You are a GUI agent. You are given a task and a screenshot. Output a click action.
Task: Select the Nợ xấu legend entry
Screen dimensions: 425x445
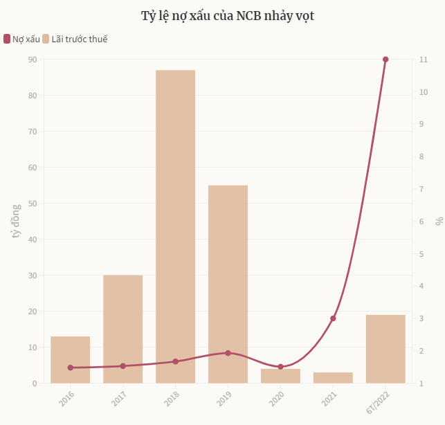[x=22, y=39]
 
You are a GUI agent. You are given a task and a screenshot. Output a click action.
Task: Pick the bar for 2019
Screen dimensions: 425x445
[x=228, y=284]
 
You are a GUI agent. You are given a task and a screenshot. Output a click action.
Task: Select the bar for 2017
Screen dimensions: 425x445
[x=122, y=329]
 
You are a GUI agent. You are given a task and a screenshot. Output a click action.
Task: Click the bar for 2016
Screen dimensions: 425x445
[x=70, y=359]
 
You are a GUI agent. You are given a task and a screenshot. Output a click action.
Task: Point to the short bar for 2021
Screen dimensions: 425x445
[x=333, y=378]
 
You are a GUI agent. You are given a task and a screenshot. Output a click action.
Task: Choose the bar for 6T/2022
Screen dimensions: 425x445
[x=385, y=349]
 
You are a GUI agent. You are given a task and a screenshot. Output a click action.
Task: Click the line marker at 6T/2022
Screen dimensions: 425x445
[x=385, y=60]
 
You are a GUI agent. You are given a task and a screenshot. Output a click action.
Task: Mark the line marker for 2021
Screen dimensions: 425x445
[x=333, y=318]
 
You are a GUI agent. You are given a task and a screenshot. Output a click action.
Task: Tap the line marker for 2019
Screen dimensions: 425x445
[x=228, y=353]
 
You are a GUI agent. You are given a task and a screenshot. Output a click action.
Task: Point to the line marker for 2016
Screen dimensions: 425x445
[x=70, y=368]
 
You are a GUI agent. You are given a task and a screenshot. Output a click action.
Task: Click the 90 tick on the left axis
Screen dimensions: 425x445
[x=33, y=60]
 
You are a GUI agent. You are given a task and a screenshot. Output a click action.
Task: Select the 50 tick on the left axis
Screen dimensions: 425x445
[x=33, y=204]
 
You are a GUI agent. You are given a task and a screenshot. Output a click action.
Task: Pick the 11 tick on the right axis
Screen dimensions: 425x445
[x=424, y=60]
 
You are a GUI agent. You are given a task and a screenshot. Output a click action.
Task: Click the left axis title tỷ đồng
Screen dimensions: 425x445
[x=17, y=221]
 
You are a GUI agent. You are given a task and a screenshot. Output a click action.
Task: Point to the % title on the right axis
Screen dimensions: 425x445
[x=439, y=221]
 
